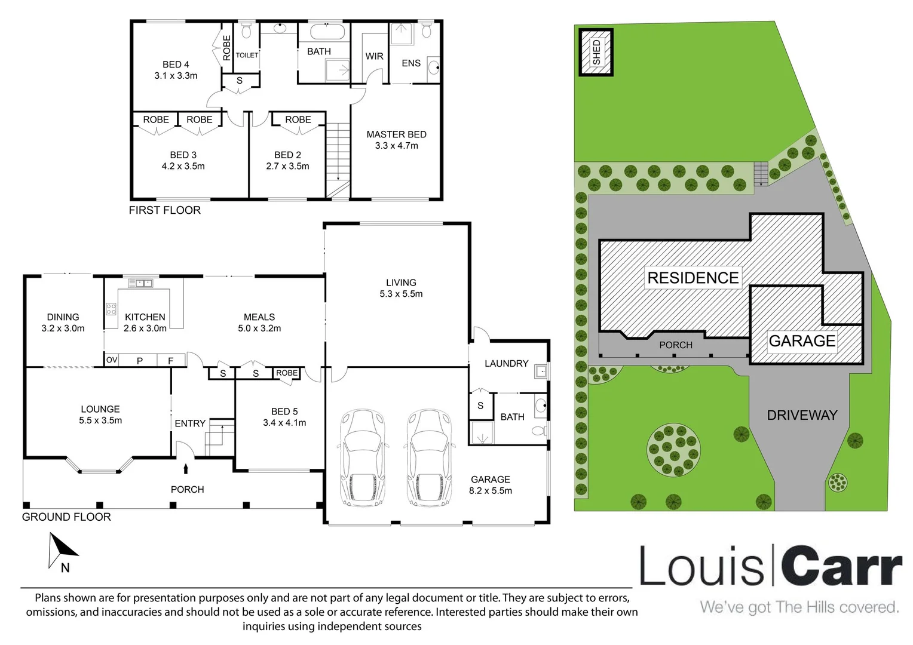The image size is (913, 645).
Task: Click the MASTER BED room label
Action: (396, 134)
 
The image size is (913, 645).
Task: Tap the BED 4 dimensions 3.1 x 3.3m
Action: (176, 76)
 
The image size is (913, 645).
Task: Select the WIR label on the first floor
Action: (374, 56)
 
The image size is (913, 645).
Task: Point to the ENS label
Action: (411, 63)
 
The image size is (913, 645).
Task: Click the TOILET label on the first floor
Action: (247, 55)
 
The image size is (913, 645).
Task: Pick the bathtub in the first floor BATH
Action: (327, 32)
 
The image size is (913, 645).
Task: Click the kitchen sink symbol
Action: (140, 282)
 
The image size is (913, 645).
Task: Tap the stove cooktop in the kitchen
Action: (111, 309)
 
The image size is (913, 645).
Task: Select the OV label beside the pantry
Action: (112, 360)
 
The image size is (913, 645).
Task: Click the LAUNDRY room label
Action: (506, 364)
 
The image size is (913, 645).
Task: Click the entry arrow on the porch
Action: (186, 469)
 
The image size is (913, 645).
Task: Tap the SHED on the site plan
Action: (596, 52)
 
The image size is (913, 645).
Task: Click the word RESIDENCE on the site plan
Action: (693, 278)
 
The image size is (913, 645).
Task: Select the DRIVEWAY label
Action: (802, 415)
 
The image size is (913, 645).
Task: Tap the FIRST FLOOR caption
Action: (165, 210)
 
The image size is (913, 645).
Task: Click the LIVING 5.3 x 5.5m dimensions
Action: (401, 294)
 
